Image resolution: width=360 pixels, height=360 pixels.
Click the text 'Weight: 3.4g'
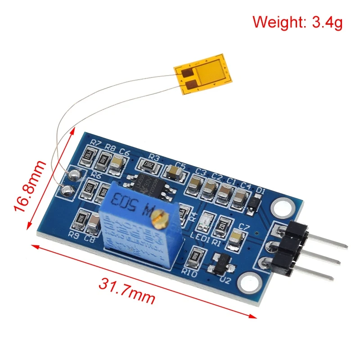(297, 22)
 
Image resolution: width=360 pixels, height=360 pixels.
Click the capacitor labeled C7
(235, 239)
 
